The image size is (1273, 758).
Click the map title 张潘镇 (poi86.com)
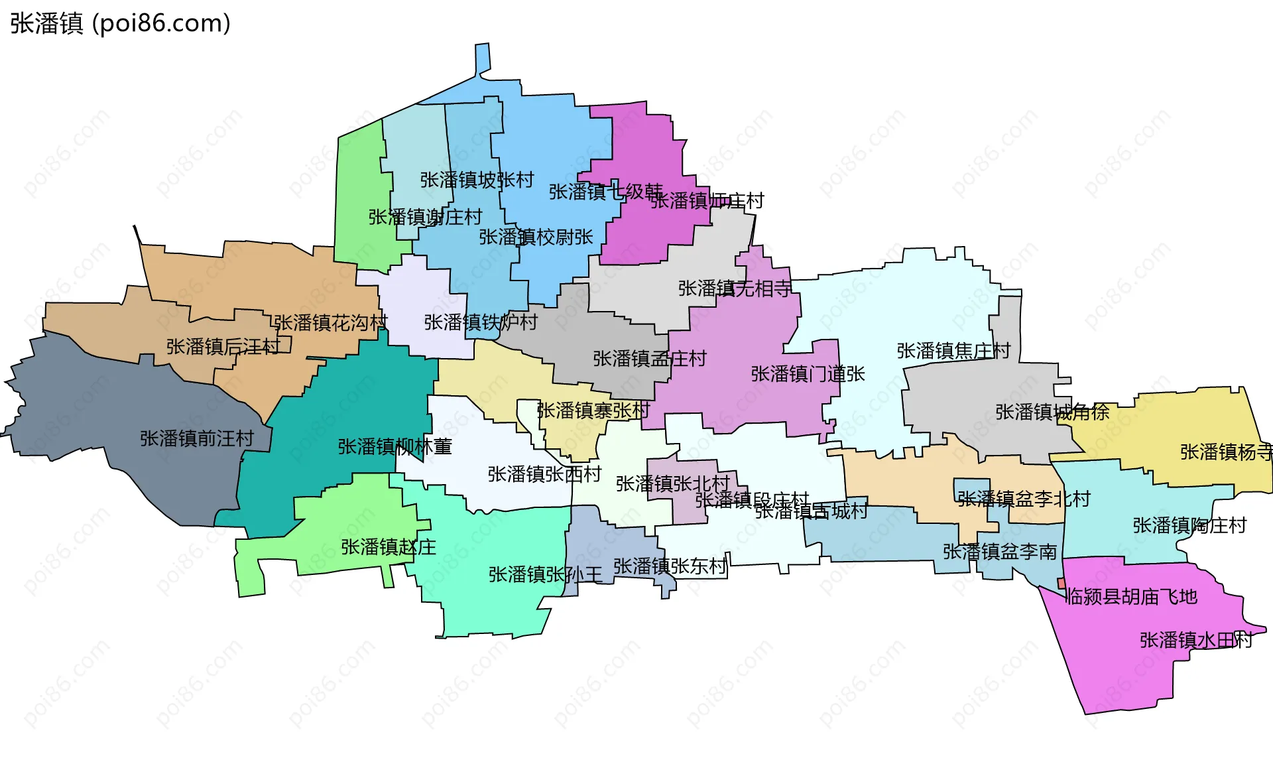[120, 23]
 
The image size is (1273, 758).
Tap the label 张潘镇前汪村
[197, 438]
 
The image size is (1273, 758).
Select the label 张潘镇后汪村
[223, 347]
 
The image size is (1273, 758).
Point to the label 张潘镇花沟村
[330, 323]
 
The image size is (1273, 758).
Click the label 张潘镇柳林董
[394, 446]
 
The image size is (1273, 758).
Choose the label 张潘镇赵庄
[389, 547]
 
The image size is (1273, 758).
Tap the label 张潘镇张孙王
[545, 574]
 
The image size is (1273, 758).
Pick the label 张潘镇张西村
[544, 474]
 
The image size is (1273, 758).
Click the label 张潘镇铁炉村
[481, 322]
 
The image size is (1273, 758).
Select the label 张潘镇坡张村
[477, 180]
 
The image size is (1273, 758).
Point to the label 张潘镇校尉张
[536, 237]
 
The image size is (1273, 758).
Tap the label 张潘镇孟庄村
[650, 359]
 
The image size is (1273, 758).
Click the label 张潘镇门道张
[808, 374]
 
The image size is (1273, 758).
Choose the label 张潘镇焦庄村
[953, 351]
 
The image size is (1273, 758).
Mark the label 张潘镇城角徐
[1052, 412]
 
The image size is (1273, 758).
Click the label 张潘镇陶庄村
[1189, 526]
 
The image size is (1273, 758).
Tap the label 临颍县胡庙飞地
[1132, 597]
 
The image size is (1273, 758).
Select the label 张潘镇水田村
[1196, 640]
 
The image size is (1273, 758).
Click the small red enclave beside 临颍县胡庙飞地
[1061, 583]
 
